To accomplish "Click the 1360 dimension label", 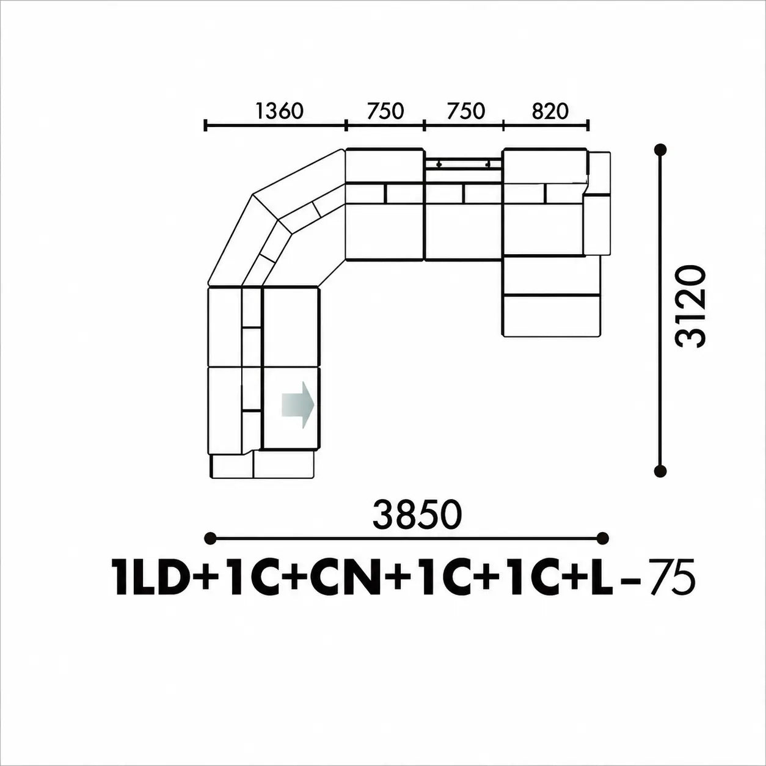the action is click(279, 111).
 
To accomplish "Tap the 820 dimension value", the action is click(550, 111).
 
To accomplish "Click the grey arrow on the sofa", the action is click(297, 405).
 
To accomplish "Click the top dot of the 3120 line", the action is click(661, 150).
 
